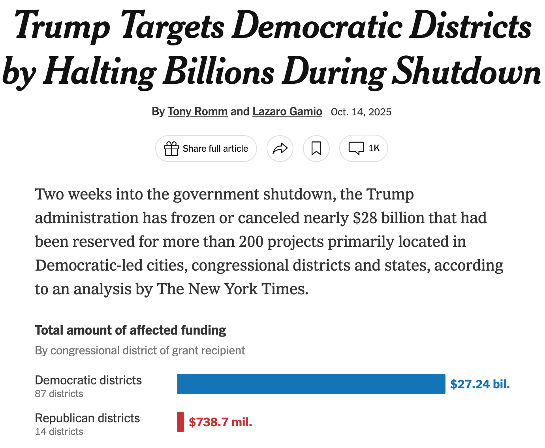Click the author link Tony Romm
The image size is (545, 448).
coord(197,112)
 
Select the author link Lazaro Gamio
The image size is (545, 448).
coord(287,112)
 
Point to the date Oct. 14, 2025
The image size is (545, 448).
coord(361,112)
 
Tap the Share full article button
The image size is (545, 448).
coord(206,149)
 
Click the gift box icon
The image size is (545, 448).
coord(171,149)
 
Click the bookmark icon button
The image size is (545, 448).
coord(316,149)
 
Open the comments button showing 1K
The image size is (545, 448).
coord(363,149)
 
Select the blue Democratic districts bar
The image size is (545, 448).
coord(311,384)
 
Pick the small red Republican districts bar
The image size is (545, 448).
coord(180,422)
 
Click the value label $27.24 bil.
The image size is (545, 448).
coord(480,384)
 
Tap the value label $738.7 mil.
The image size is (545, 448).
coord(220,422)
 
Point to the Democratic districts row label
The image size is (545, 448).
coord(88,380)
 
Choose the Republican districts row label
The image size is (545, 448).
coord(87,418)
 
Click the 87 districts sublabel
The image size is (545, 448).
coord(59,393)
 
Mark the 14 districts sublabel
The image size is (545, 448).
coord(59,431)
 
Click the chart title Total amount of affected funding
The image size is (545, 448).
coord(130,330)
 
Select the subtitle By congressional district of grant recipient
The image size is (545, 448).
coord(140,350)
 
